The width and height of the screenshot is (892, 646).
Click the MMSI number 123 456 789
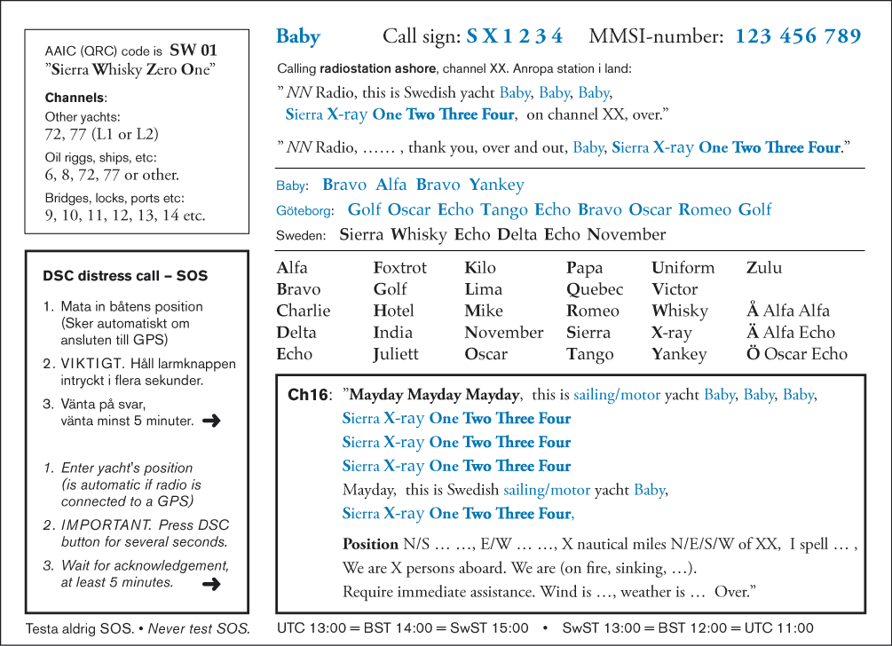point(798,36)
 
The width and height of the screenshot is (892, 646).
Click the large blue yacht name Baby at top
point(298,36)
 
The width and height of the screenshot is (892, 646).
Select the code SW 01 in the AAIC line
point(193,51)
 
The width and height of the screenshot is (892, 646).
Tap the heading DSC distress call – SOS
point(125,276)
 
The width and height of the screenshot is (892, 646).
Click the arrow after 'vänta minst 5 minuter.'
point(211,421)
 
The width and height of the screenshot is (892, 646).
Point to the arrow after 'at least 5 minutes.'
point(211,583)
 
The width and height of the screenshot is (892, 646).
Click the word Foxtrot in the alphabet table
point(400,268)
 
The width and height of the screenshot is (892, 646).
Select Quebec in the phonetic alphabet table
point(595,289)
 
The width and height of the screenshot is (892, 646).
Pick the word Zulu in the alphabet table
point(764,268)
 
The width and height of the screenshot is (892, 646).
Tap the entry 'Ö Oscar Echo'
point(797,354)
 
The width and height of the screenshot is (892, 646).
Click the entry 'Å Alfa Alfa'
point(788,311)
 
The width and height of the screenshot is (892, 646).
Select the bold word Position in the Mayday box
point(370,544)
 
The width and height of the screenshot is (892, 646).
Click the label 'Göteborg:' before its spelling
point(305,211)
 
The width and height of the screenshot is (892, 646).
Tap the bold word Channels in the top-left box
point(75,98)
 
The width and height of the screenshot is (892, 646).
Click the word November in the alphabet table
point(504,333)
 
